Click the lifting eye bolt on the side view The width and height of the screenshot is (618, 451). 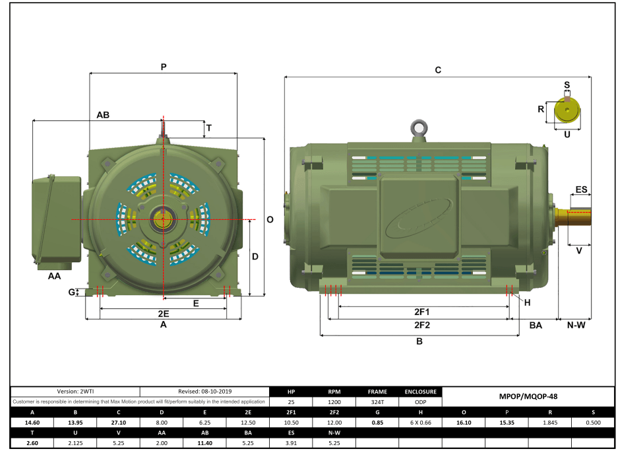[417, 128]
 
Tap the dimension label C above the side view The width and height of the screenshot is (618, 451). [438, 70]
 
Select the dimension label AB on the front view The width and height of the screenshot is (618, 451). [103, 115]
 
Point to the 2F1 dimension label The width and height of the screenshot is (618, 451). [422, 312]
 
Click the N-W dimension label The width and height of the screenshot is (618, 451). [576, 326]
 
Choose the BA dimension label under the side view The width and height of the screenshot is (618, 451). [536, 326]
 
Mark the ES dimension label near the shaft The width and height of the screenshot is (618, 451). [581, 190]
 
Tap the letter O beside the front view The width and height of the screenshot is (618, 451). [270, 220]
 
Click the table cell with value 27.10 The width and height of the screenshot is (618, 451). [118, 423]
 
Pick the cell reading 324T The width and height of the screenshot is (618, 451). [377, 401]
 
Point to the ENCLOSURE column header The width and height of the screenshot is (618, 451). [420, 392]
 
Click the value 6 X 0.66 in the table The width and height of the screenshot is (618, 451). [420, 423]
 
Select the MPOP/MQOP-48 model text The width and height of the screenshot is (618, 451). [530, 397]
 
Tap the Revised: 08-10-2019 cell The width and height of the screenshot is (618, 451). [205, 392]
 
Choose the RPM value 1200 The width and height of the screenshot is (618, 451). [334, 401]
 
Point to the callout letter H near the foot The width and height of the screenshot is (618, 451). [527, 302]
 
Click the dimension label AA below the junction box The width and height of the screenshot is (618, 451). [54, 275]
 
